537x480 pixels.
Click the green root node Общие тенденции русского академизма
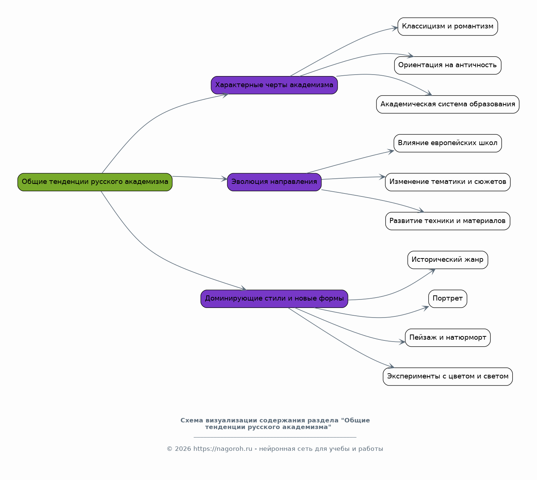click(95, 182)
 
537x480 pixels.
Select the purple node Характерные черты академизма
click(274, 85)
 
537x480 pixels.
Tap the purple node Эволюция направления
click(274, 182)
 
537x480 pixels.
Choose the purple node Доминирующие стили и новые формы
click(274, 299)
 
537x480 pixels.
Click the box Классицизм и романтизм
click(448, 27)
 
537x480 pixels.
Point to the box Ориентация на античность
click(448, 65)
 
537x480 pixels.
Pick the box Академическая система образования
click(448, 104)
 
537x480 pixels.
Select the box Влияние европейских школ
click(448, 143)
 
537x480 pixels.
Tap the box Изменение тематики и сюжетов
click(448, 182)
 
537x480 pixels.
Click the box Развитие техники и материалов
click(448, 221)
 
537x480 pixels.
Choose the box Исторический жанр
click(448, 260)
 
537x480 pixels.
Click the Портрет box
click(448, 299)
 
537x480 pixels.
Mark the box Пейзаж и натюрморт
click(448, 338)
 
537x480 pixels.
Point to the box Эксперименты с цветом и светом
click(448, 377)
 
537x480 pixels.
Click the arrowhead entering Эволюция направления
click(224, 179)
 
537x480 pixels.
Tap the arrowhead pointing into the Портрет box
click(426, 308)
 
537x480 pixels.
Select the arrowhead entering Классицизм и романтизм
click(395, 28)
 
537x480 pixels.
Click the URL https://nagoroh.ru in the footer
click(223, 449)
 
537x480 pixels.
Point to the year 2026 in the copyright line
click(183, 449)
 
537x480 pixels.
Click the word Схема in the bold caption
click(192, 420)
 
